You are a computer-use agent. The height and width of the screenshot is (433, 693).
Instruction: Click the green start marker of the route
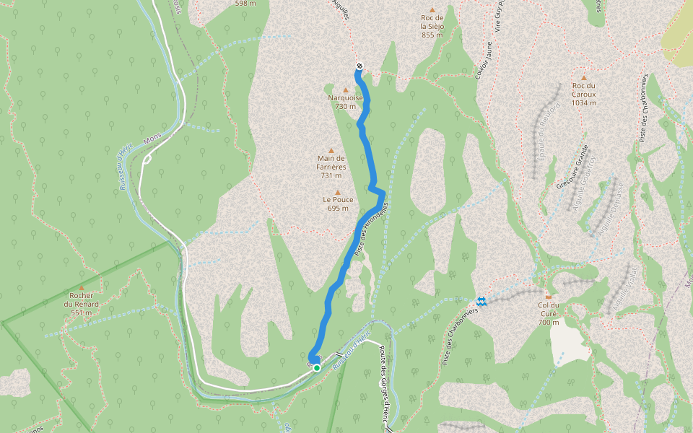tap(316, 367)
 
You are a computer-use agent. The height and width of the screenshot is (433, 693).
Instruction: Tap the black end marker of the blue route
tap(359, 67)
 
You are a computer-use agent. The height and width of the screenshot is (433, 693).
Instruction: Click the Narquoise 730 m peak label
tap(346, 102)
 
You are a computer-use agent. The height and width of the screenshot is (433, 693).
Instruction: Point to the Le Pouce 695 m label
tap(337, 204)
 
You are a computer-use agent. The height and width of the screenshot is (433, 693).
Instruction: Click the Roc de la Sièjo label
tap(432, 26)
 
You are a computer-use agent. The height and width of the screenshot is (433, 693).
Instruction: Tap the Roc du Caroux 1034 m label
tap(583, 94)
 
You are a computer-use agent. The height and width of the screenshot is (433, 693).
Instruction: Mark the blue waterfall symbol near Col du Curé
tap(481, 301)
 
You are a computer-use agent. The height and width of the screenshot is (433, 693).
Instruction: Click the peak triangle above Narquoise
tap(346, 89)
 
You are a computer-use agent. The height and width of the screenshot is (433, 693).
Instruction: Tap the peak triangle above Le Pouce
tap(337, 192)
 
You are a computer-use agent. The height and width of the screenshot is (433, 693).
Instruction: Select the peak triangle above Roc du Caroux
tap(583, 78)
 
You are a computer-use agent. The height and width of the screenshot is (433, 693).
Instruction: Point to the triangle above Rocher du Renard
tap(81, 287)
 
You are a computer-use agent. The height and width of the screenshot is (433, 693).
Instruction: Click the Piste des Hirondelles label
tap(372, 227)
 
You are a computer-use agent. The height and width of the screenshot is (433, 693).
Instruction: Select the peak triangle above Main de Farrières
tap(331, 151)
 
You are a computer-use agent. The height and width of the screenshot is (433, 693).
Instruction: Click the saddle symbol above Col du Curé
tap(549, 296)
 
